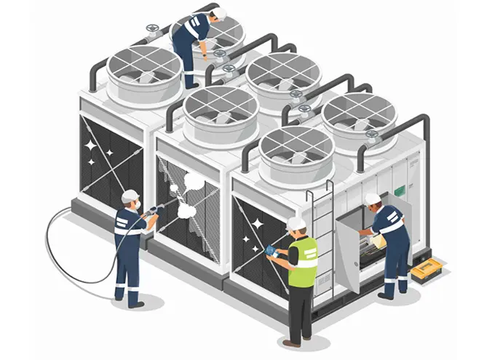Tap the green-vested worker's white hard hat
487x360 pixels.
tap(296, 223)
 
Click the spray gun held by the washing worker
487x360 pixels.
tap(155, 211)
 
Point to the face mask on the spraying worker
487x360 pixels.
tap(135, 204)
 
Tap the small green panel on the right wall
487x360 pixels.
tap(400, 191)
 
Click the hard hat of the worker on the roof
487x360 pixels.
tap(220, 14)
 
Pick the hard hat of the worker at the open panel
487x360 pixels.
tap(373, 199)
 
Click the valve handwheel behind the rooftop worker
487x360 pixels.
tap(152, 31)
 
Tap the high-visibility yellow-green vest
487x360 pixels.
tap(303, 261)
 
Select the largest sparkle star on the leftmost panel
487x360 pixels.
tap(91, 145)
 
